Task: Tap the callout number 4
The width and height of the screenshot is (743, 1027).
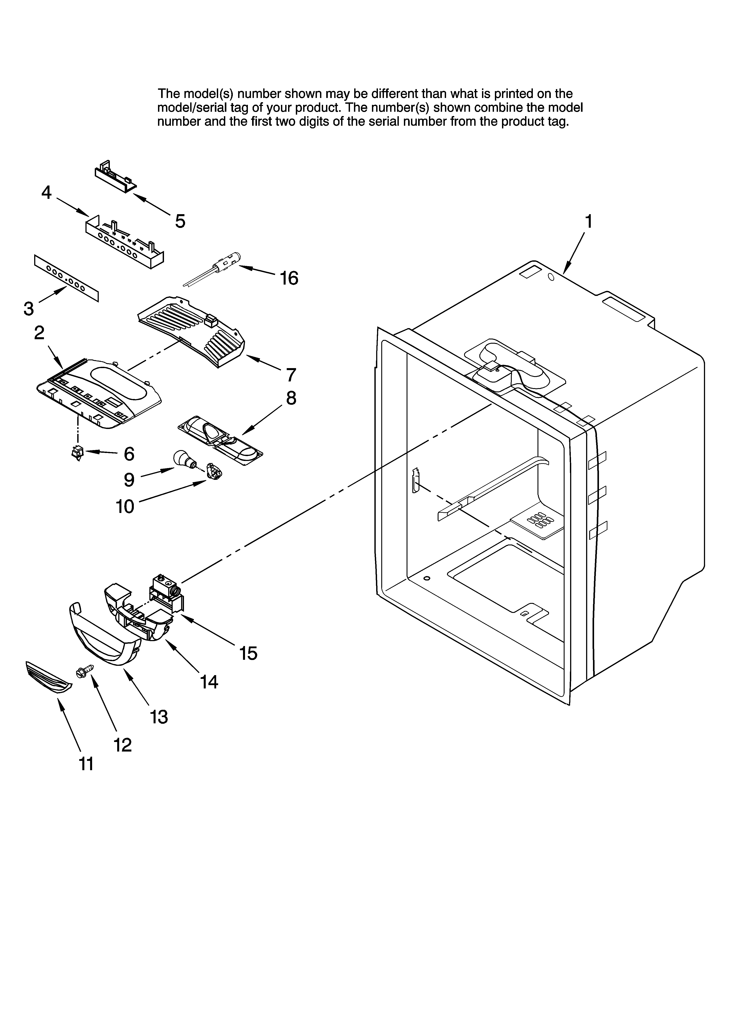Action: coord(46,193)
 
